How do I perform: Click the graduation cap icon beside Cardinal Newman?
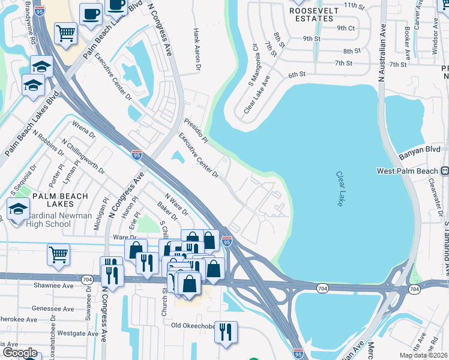click(x=18, y=211)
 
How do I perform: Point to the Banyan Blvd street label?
click(x=424, y=149)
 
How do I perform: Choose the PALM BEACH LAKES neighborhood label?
click(x=60, y=200)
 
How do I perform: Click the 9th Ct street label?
click(x=346, y=28)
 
